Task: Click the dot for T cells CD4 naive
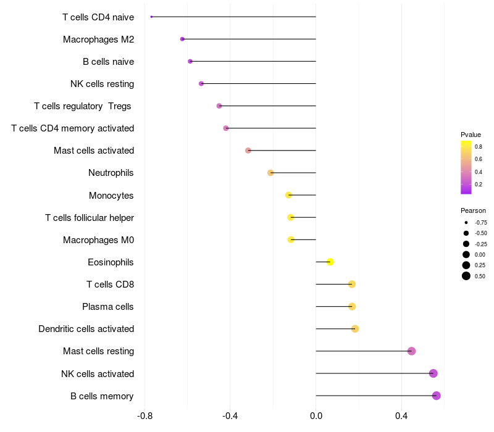pos(151,17)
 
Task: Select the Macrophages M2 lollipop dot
pos(182,39)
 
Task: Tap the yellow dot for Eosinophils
pos(330,262)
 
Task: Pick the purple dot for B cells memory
pos(437,396)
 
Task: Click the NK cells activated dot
pos(433,373)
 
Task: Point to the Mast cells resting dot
pos(412,351)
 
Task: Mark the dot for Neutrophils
pos(270,173)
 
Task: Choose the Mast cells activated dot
pos(248,151)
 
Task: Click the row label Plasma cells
pos(108,307)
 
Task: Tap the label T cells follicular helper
pos(90,218)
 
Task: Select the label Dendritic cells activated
pos(86,329)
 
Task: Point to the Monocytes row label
pos(111,196)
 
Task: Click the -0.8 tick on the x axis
pos(144,416)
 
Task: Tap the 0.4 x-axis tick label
pos(401,416)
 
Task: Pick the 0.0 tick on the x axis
pos(316,416)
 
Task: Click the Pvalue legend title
pos(471,135)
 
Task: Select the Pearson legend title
pos(473,210)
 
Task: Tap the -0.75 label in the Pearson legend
pos(480,222)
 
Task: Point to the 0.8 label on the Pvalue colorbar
pos(479,146)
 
